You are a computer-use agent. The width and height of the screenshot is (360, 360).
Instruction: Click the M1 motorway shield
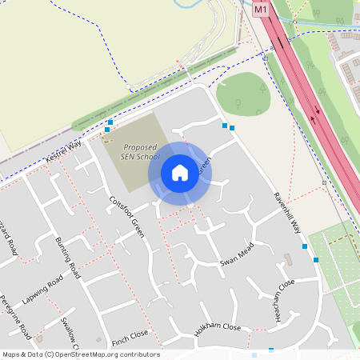coord(260,10)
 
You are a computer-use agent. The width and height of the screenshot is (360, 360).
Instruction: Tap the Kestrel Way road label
coord(64,150)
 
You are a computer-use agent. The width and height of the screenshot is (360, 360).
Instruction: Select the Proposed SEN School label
coord(142,152)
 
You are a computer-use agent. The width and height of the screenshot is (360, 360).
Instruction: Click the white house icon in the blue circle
coord(180,173)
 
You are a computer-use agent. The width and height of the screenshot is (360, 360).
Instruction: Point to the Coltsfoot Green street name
coord(126,216)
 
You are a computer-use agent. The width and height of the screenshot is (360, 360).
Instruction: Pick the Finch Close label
coord(130,335)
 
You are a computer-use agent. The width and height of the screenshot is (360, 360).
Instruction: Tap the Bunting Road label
coord(68,257)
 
